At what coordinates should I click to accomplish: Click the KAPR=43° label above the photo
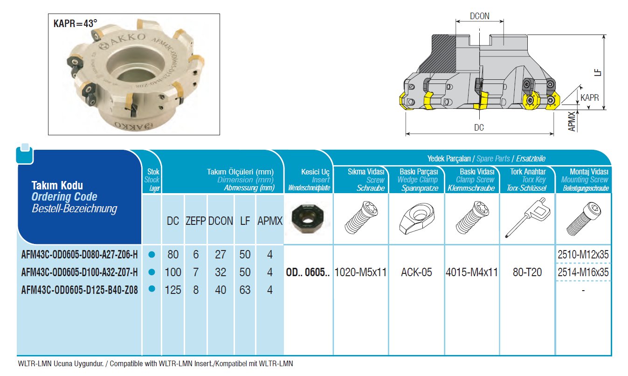(76, 22)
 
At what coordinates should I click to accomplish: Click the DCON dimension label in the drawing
(479, 16)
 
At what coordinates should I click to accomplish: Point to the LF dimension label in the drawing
(598, 73)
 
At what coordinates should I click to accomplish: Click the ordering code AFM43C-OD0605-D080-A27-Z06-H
(80, 255)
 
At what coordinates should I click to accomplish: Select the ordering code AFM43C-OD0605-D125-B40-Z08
(80, 290)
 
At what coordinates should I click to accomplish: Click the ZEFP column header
(196, 221)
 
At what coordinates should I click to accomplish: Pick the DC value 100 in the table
(173, 272)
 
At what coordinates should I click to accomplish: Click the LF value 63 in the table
(245, 290)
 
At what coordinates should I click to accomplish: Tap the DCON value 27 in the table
(221, 255)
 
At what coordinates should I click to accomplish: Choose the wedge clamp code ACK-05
(416, 272)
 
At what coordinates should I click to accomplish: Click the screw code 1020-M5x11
(361, 272)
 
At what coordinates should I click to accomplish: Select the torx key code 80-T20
(527, 272)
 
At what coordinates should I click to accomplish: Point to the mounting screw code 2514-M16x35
(583, 272)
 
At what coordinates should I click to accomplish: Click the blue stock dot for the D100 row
(151, 272)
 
